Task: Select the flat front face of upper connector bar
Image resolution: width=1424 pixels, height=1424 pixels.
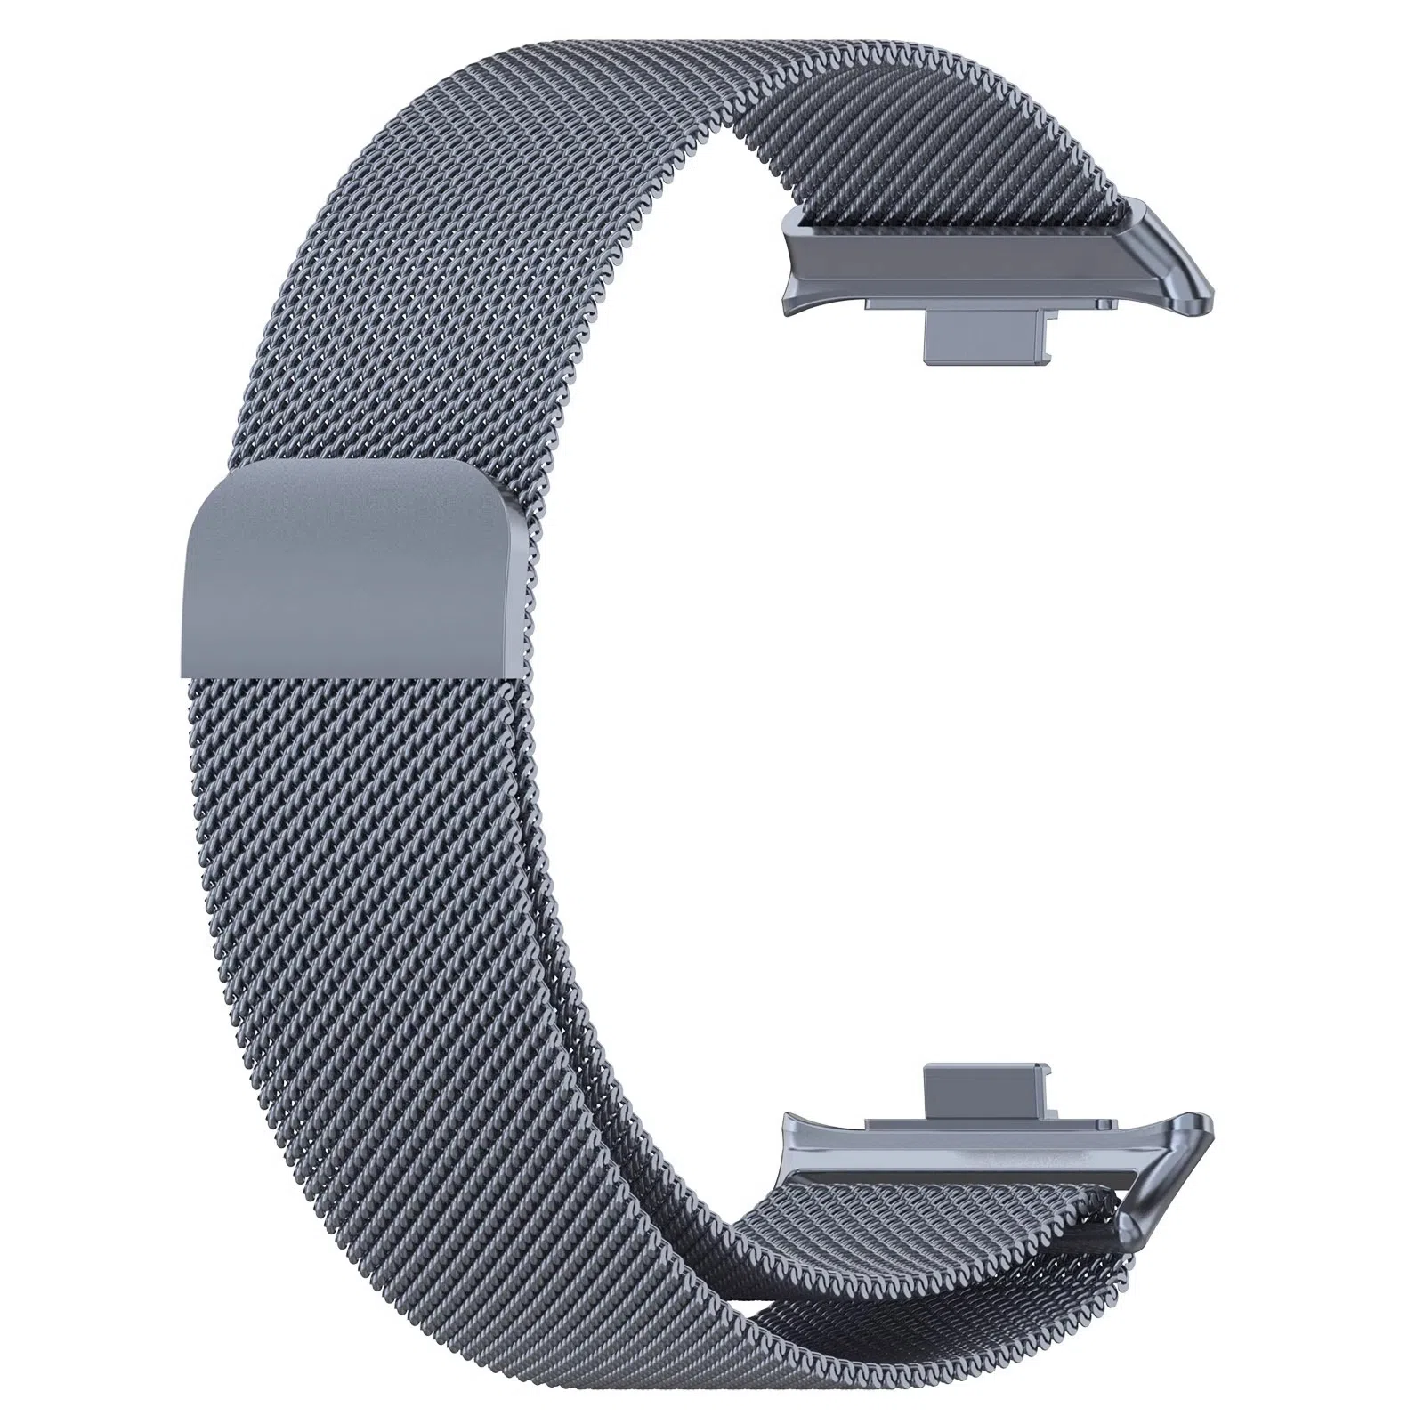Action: [961, 267]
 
